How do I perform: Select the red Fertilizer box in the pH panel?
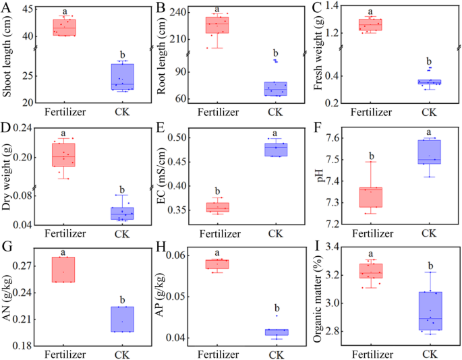(370, 197)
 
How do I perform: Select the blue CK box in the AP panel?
(275, 332)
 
